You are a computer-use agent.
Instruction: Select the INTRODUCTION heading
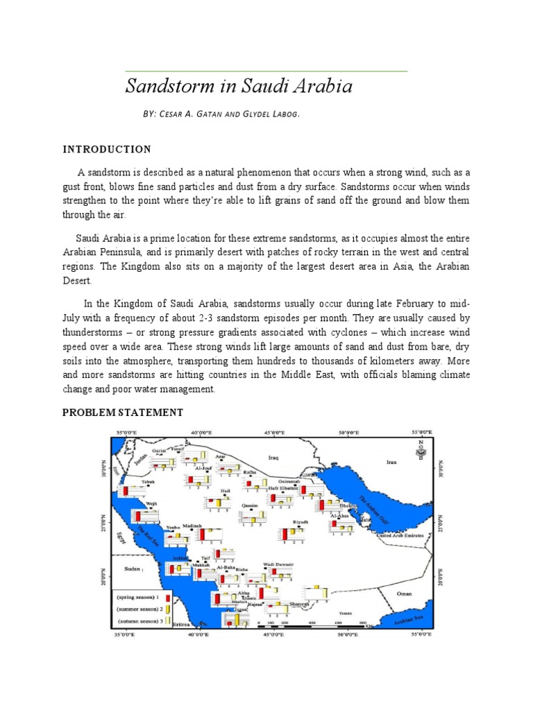click(x=107, y=149)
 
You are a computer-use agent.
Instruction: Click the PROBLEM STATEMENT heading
click(x=123, y=413)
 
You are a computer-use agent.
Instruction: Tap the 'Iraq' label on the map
click(x=273, y=458)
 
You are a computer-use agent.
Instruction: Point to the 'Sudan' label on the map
click(x=132, y=569)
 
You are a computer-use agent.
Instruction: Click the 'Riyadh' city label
click(x=301, y=521)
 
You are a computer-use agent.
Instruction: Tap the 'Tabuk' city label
click(x=149, y=481)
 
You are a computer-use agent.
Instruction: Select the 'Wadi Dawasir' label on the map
click(x=279, y=565)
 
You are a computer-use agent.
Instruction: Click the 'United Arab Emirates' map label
click(x=403, y=535)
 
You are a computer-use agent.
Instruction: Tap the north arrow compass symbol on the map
click(x=420, y=451)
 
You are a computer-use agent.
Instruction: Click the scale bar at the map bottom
click(x=312, y=625)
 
